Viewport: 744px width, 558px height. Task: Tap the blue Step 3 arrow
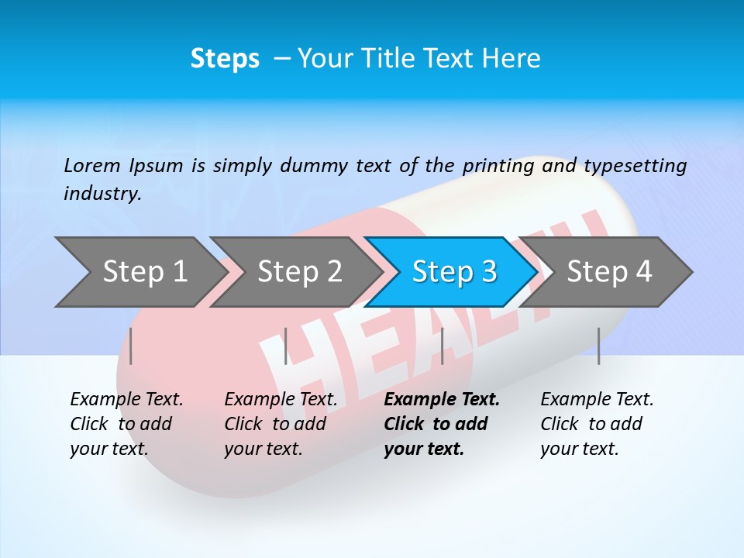pos(454,272)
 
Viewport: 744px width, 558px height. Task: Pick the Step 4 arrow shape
pos(609,272)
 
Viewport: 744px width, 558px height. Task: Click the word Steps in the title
pos(225,59)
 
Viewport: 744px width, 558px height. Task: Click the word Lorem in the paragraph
pos(91,165)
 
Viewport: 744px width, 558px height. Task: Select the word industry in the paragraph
pos(102,193)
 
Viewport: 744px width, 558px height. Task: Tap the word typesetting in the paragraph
pos(635,165)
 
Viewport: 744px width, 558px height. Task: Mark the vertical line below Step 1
pos(131,346)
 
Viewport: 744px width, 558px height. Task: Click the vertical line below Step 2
pos(286,346)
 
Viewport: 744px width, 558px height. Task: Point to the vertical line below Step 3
pos(442,346)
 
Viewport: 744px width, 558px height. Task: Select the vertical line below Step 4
pos(598,346)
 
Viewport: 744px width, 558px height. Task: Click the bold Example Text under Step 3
pos(442,400)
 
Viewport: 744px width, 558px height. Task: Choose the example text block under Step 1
pos(126,424)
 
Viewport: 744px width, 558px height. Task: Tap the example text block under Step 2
pos(281,424)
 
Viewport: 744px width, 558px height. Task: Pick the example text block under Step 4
pos(597,424)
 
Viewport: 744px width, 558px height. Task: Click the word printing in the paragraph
pos(496,165)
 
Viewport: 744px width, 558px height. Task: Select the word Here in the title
pos(511,59)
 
